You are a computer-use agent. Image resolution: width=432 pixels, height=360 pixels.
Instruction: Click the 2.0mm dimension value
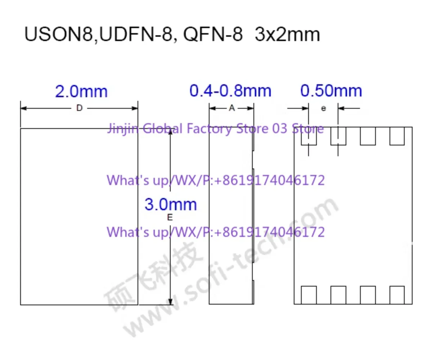click(81, 91)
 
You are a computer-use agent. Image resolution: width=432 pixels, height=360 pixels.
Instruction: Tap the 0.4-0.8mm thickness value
click(230, 91)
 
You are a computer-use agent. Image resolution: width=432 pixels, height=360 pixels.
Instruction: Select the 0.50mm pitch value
click(331, 91)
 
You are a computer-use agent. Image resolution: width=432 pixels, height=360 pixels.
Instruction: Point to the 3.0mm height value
click(171, 204)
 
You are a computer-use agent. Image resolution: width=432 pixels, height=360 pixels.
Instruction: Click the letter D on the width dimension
click(80, 108)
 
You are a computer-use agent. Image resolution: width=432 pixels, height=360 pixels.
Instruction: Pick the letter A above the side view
click(232, 108)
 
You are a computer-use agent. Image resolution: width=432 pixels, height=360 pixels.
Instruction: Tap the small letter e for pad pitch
click(323, 108)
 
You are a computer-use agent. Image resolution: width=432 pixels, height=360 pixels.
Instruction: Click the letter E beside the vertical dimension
click(170, 217)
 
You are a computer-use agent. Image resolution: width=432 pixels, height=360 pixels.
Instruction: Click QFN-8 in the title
click(213, 34)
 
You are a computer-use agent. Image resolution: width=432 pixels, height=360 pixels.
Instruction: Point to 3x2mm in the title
click(288, 34)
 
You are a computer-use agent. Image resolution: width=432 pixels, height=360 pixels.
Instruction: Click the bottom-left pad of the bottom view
click(309, 295)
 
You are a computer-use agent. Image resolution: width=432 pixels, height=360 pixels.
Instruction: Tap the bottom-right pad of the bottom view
click(397, 295)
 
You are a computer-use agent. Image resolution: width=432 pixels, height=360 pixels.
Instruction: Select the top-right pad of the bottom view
click(397, 136)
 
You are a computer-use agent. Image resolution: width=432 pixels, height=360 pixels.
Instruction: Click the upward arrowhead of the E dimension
click(170, 132)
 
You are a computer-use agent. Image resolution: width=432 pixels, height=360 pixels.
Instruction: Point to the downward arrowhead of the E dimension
click(170, 301)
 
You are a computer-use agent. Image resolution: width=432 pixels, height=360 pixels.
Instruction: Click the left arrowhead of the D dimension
click(24, 108)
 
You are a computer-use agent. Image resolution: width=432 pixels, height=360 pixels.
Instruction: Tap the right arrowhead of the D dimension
click(135, 108)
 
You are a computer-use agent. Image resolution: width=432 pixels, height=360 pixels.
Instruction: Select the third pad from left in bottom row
click(368, 295)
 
